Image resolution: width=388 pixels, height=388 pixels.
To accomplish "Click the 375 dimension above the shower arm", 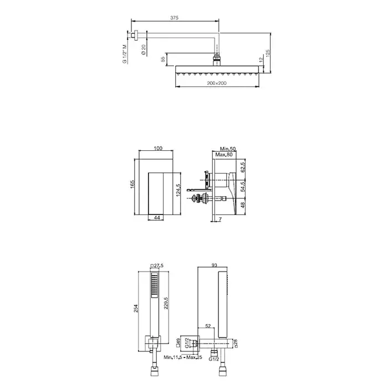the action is coord(174,18).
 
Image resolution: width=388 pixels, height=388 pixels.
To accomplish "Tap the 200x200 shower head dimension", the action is coord(217,83).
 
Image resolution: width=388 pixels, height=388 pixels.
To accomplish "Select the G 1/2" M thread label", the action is coord(125,54).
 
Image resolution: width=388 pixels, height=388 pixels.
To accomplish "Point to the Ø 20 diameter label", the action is coord(144,50).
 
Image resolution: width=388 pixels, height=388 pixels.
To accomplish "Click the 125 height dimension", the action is coord(268,53).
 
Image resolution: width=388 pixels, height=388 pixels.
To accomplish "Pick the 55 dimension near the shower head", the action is coord(163,59).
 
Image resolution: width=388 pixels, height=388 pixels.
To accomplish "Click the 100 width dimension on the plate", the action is coord(158,149).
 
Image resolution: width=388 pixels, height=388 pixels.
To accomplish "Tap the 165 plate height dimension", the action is coord(132,184).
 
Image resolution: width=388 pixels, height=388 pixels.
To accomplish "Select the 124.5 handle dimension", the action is coord(178,190).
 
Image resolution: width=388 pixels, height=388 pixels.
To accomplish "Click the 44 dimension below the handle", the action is coord(157,217).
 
